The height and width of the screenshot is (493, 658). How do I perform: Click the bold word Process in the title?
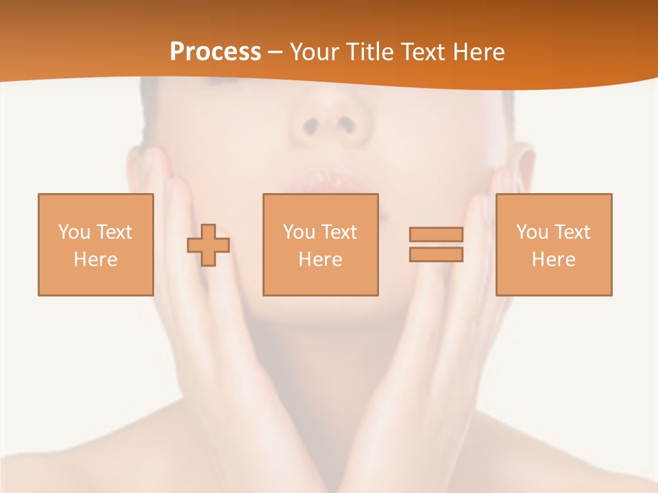(215, 52)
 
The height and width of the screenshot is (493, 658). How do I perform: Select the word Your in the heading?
(315, 52)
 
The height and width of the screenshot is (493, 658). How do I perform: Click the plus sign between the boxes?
(208, 245)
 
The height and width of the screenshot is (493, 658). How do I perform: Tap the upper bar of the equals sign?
(436, 234)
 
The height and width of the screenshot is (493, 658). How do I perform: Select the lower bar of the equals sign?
(436, 255)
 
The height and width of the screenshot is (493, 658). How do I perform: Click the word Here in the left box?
(95, 260)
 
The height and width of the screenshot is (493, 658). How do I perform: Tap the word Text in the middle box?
(339, 232)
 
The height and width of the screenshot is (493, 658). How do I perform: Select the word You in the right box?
(532, 232)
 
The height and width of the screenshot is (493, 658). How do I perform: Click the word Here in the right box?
(553, 260)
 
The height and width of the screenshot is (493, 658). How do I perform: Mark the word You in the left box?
(74, 232)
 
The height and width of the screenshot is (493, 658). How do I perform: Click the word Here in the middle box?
(320, 260)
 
